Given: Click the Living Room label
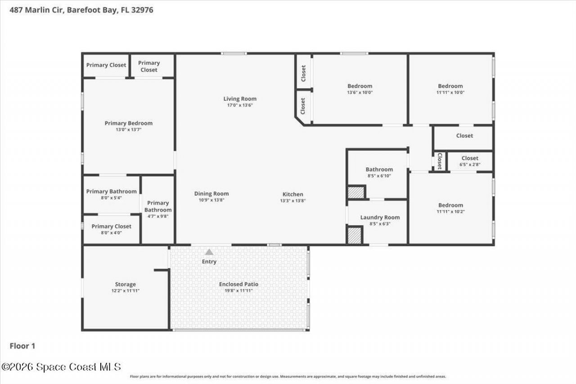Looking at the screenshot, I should point(240,99).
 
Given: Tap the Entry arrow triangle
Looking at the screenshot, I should point(209,252).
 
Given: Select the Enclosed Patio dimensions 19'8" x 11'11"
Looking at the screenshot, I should point(238,291).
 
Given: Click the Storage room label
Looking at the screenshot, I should point(125,285).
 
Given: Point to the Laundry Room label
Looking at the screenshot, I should point(380,217).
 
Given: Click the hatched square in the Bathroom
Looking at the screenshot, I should point(355,192).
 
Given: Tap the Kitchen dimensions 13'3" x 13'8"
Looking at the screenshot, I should point(293,201).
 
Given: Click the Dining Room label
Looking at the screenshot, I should point(211,194).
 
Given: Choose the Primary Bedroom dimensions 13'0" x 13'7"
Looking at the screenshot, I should point(129,130).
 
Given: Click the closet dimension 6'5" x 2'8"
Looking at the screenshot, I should point(470,165).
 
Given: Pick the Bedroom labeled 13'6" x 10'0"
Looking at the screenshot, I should point(360,86).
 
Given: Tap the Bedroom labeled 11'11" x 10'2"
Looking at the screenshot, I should point(450,205).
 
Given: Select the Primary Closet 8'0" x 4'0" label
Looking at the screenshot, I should point(111,226).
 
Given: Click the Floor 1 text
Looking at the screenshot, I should point(22,346).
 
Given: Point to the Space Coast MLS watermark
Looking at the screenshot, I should point(61,367).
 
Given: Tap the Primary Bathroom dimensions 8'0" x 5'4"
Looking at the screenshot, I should point(111,198).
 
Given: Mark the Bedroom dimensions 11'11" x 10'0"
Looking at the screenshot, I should point(450,92).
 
